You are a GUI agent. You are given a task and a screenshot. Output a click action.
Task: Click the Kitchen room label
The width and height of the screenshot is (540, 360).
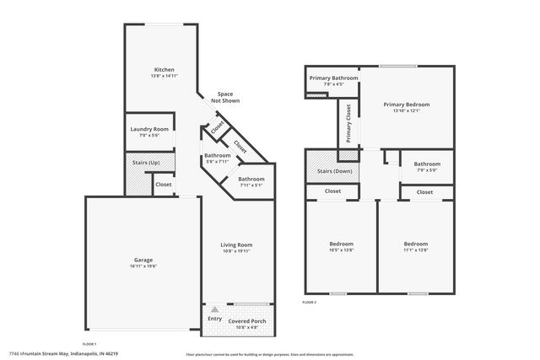[163, 69]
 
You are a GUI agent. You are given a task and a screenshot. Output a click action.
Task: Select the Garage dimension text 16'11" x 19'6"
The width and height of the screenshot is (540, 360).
[143, 266]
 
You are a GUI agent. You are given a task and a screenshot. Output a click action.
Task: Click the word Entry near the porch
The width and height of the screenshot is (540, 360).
[214, 318]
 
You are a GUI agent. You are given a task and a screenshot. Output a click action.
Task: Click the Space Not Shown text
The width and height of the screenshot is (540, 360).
[225, 97]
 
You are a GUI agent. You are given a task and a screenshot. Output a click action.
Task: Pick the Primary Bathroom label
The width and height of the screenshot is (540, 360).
[332, 78]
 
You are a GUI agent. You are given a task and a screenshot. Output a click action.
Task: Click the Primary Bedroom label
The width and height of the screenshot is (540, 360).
[406, 105]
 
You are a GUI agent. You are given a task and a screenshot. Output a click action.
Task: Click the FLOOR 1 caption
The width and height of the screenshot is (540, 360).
[89, 344]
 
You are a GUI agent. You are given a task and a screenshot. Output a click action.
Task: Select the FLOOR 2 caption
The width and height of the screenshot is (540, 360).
[310, 302]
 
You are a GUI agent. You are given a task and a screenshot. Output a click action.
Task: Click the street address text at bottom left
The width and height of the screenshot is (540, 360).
[63, 353]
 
